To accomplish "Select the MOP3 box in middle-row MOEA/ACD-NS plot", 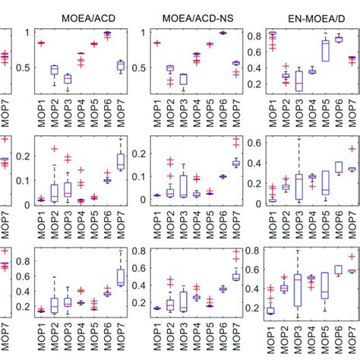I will pyautogui.click(x=182, y=186).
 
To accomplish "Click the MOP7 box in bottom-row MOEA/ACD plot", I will pyautogui.click(x=120, y=277).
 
